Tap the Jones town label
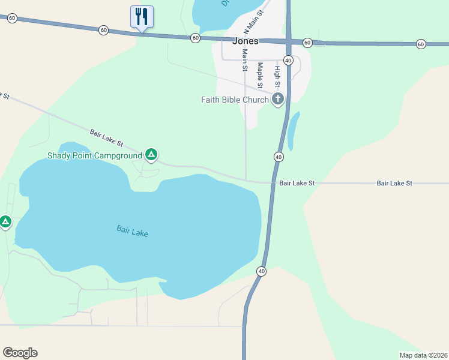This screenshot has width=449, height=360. (x=245, y=41)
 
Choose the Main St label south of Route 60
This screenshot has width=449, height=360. (x=245, y=60)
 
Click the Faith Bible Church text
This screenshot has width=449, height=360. (x=235, y=100)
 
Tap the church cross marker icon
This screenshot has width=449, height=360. (x=277, y=99)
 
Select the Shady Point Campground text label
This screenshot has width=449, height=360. (x=95, y=156)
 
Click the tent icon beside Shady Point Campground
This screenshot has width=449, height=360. (x=152, y=156)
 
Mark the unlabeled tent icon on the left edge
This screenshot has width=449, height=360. (x=5, y=222)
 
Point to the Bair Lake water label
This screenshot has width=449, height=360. (x=132, y=230)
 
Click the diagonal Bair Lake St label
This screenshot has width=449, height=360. (x=106, y=138)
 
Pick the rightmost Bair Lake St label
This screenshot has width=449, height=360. (x=394, y=182)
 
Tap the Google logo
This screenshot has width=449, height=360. (x=20, y=353)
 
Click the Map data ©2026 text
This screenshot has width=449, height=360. (x=423, y=355)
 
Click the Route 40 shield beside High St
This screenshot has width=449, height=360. (x=288, y=61)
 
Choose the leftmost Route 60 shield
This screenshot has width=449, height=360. (x=12, y=19)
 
